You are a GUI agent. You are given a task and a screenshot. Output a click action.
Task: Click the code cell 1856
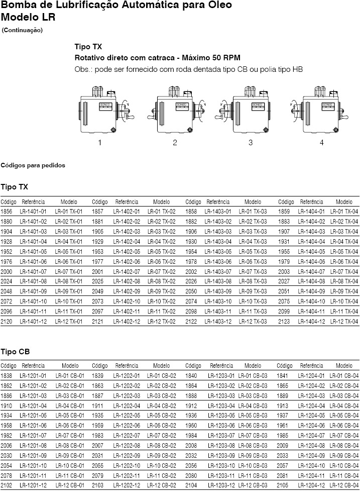pyautogui.click(x=7, y=212)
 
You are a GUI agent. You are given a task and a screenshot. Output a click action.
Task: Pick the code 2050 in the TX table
pyautogui.click(x=191, y=291)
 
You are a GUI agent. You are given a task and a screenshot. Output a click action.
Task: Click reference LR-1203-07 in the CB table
pyautogui.click(x=221, y=435)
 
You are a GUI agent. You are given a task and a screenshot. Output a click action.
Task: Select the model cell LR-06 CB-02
pyautogui.click(x=161, y=425)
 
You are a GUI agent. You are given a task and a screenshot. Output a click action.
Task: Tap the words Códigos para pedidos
pyautogui.click(x=33, y=165)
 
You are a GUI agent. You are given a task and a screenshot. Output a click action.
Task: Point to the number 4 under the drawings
pyautogui.click(x=322, y=143)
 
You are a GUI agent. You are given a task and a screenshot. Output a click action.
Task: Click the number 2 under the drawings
pyautogui.click(x=175, y=143)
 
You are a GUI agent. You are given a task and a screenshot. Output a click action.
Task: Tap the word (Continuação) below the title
pyautogui.click(x=23, y=30)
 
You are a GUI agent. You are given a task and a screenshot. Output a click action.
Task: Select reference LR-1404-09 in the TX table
pyautogui.click(x=311, y=291)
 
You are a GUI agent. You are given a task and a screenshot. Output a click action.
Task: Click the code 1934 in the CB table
pyautogui.click(x=7, y=415)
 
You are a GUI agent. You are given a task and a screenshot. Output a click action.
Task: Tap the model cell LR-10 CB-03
pyautogui.click(x=253, y=465)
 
